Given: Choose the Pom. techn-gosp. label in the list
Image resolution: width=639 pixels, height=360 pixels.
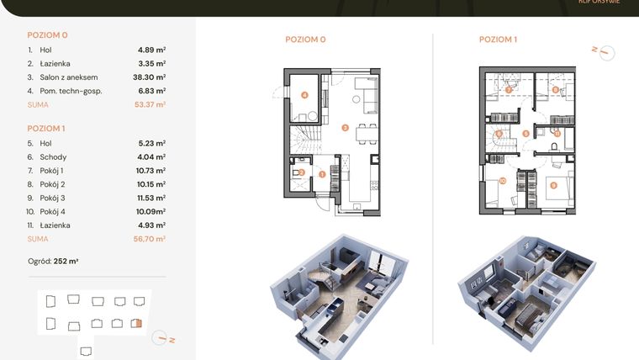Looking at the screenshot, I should pyautogui.click(x=71, y=91).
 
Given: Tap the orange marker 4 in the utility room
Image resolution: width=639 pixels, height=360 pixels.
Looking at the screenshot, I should pyautogui.click(x=304, y=96).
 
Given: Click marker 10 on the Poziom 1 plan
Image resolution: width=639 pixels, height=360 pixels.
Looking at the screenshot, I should pyautogui.click(x=502, y=181).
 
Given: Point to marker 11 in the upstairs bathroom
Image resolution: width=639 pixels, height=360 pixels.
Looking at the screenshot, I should pyautogui.click(x=557, y=133).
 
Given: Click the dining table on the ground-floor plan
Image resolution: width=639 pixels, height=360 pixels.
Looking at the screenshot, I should pyautogui.click(x=364, y=133).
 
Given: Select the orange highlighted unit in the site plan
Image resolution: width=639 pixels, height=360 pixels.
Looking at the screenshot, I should pyautogui.click(x=139, y=322).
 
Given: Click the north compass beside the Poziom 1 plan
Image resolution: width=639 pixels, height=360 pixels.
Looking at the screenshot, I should pyautogui.click(x=603, y=51).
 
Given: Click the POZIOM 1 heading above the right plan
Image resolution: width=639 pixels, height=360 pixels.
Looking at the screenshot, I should pyautogui.click(x=498, y=40).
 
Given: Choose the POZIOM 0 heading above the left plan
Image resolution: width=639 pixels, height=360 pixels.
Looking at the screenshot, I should pyautogui.click(x=305, y=40).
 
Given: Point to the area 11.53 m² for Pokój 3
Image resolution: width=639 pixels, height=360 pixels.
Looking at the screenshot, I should pyautogui.click(x=151, y=197).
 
